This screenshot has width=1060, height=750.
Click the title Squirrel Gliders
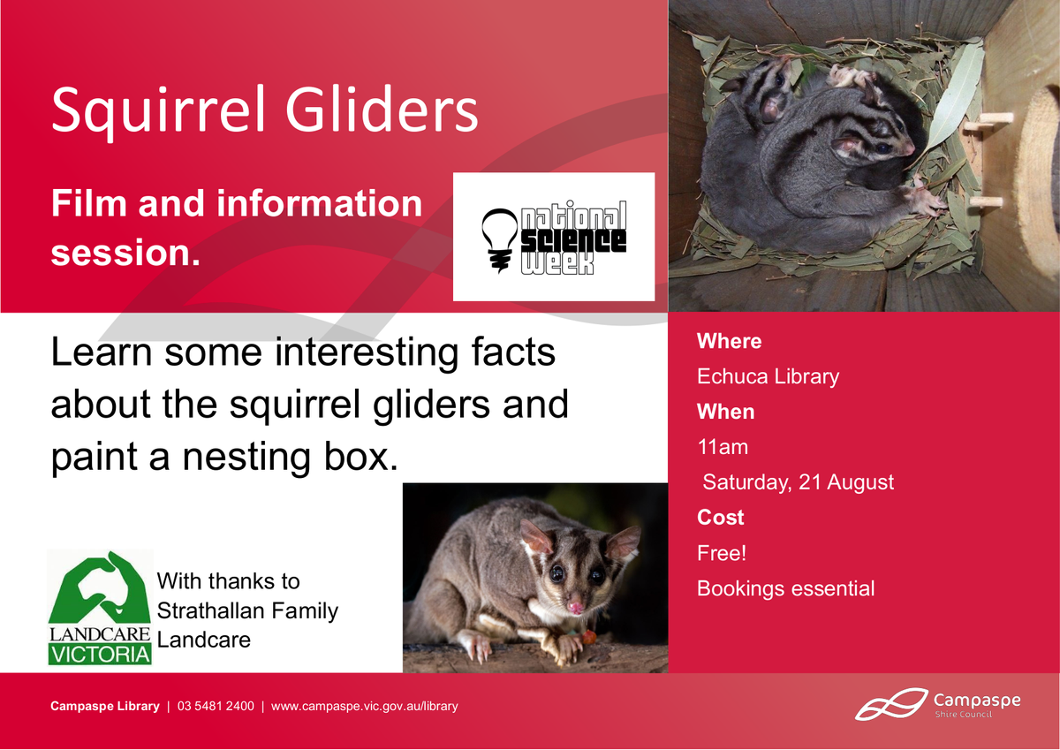[264, 112]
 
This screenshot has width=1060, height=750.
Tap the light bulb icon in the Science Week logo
[500, 240]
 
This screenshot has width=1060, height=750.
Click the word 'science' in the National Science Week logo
[573, 241]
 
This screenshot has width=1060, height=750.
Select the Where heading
[730, 341]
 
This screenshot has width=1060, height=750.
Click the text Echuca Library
[768, 377]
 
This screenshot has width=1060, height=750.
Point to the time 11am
[723, 447]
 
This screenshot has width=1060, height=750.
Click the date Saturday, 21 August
[798, 482]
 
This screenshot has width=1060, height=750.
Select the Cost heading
[720, 518]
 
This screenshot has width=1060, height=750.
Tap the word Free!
[722, 553]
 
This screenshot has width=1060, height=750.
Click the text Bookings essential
[785, 589]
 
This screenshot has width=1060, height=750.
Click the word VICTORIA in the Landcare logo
[100, 655]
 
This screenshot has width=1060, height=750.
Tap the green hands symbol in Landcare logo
[100, 587]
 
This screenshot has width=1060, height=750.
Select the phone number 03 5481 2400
[216, 707]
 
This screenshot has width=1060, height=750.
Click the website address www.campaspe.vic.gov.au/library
[364, 707]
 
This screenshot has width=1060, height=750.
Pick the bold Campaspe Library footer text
[105, 707]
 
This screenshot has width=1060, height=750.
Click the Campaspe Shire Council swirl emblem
[891, 704]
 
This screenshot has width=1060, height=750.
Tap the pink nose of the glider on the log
[575, 607]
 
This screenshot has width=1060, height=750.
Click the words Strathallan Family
[247, 611]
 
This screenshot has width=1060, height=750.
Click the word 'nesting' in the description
[246, 458]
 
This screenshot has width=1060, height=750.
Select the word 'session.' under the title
[125, 253]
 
